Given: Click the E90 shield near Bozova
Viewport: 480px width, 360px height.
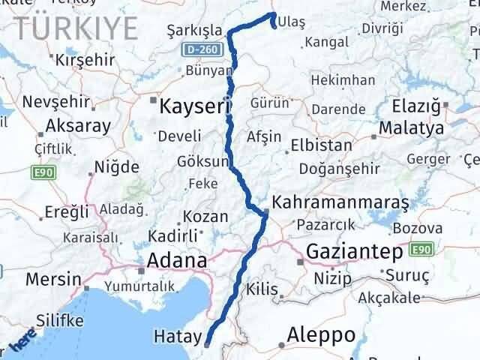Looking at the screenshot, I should click(x=421, y=248).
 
